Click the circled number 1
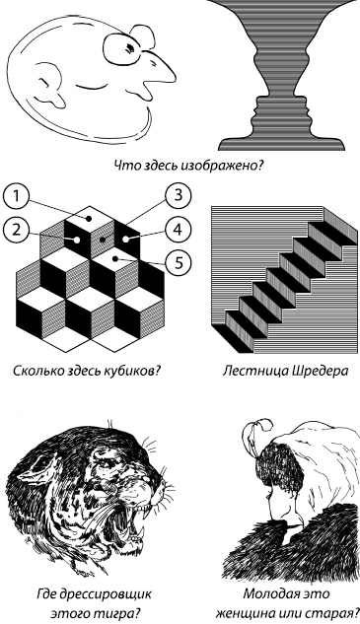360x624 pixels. (15, 196)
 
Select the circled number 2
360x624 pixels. (15, 230)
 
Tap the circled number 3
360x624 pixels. (178, 195)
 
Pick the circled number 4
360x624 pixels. (178, 230)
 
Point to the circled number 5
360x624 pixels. (178, 262)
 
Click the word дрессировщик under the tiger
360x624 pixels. (106, 594)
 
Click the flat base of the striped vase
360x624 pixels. (281, 144)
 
